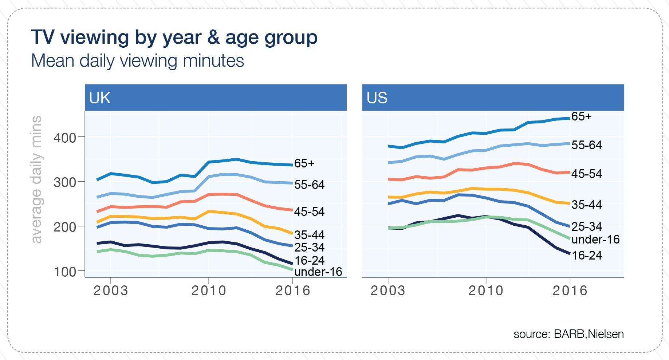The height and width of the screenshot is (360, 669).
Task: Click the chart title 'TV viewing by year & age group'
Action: (174, 37)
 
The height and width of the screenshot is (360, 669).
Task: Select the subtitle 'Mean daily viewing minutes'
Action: (137, 61)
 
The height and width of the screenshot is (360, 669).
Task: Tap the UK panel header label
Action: (99, 98)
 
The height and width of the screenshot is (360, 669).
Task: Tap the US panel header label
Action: (377, 98)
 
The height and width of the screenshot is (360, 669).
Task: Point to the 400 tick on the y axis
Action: (65, 138)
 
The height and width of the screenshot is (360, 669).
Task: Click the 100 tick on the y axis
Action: (65, 272)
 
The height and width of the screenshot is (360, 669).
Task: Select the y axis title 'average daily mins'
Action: (36, 179)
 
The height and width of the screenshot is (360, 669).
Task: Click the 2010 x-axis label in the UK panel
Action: (209, 291)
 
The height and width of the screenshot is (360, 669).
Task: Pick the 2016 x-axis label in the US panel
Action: (570, 291)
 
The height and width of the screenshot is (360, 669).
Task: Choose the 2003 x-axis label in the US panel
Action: (388, 291)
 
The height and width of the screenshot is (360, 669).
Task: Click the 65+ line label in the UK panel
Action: (304, 163)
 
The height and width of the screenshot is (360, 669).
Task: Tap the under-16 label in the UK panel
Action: (318, 272)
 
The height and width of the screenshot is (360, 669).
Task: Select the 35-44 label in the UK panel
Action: (309, 235)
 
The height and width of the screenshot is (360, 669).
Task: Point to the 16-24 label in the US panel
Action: (587, 256)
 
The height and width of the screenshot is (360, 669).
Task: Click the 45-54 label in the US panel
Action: (587, 174)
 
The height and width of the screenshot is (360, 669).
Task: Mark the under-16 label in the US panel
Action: (595, 240)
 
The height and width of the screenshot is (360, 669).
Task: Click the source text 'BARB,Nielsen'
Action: (589, 334)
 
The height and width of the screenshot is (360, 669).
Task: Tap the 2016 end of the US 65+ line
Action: (569, 118)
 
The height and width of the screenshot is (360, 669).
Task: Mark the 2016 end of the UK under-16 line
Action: (292, 270)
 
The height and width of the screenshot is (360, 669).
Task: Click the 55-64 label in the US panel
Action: (587, 145)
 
